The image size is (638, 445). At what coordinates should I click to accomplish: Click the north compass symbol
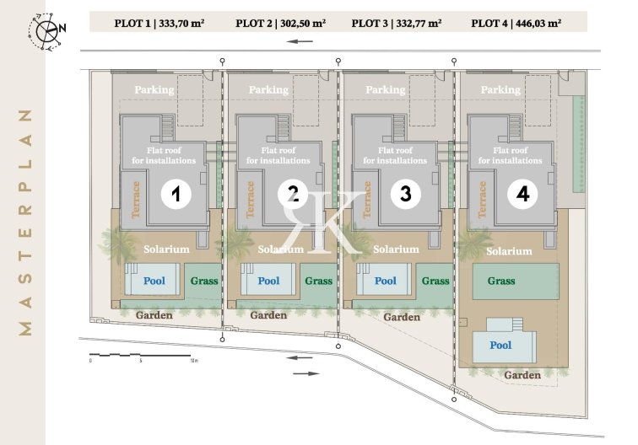(46, 31)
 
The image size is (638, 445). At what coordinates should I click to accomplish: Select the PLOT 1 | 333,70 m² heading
(159, 23)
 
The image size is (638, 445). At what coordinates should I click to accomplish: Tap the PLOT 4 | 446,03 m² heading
(516, 23)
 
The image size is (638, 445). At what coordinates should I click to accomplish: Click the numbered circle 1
(176, 194)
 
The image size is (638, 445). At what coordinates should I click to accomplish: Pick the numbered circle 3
(405, 194)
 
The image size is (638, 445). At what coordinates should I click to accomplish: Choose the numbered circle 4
(522, 194)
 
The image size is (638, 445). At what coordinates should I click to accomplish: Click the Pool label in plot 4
(500, 346)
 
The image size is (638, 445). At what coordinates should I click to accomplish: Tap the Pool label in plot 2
(268, 281)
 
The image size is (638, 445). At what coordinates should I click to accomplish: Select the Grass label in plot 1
(204, 281)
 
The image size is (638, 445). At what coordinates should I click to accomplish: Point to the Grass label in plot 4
(501, 281)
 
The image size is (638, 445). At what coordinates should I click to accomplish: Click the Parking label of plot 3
(386, 90)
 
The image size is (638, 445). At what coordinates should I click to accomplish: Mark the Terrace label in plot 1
(135, 200)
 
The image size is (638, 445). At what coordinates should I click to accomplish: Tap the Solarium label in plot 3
(396, 249)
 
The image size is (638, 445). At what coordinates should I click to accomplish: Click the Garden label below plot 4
(522, 375)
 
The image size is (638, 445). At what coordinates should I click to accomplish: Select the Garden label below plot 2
(268, 315)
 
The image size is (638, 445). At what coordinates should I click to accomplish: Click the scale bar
(140, 356)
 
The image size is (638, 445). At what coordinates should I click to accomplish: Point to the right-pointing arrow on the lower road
(306, 373)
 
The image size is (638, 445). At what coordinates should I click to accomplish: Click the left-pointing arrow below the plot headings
(300, 41)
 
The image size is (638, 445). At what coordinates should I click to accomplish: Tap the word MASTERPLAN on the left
(25, 222)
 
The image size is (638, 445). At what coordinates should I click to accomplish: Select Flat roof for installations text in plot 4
(511, 156)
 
